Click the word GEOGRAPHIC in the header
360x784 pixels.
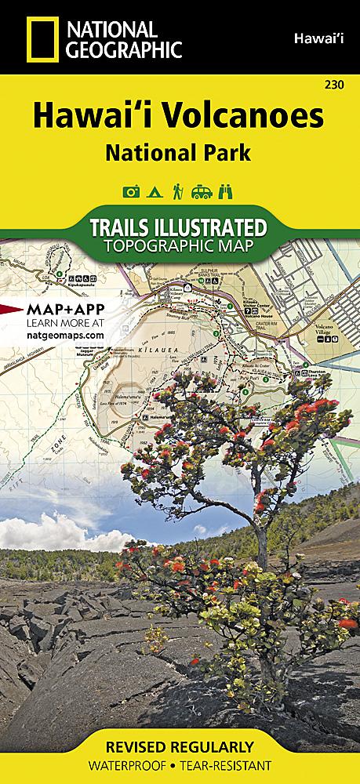(x=125, y=50)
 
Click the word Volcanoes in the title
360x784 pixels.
(x=242, y=116)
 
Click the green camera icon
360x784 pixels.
(x=130, y=191)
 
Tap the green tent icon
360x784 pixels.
(x=155, y=191)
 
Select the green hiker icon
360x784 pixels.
(x=179, y=191)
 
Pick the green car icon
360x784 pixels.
(x=203, y=191)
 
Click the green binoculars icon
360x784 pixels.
(x=228, y=191)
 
